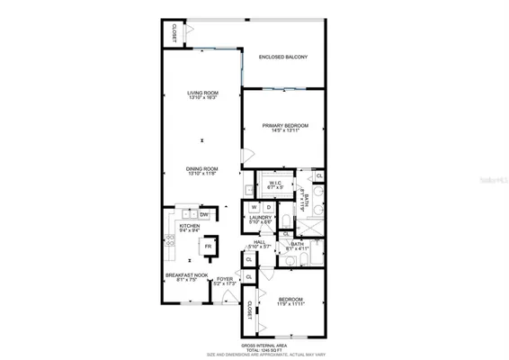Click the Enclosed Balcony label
tap(283, 58)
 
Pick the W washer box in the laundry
tap(254, 208)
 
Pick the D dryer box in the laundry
tap(268, 208)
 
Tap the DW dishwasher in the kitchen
tap(204, 214)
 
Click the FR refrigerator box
tap(208, 246)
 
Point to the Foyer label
tap(225, 281)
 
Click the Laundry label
tap(261, 219)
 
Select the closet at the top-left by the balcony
tap(171, 32)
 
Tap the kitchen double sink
tap(188, 214)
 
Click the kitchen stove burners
tap(168, 241)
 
